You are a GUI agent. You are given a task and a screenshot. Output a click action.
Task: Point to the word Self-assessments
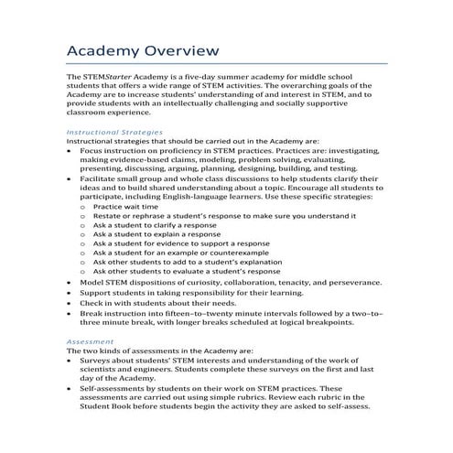pyautogui.click(x=112, y=388)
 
